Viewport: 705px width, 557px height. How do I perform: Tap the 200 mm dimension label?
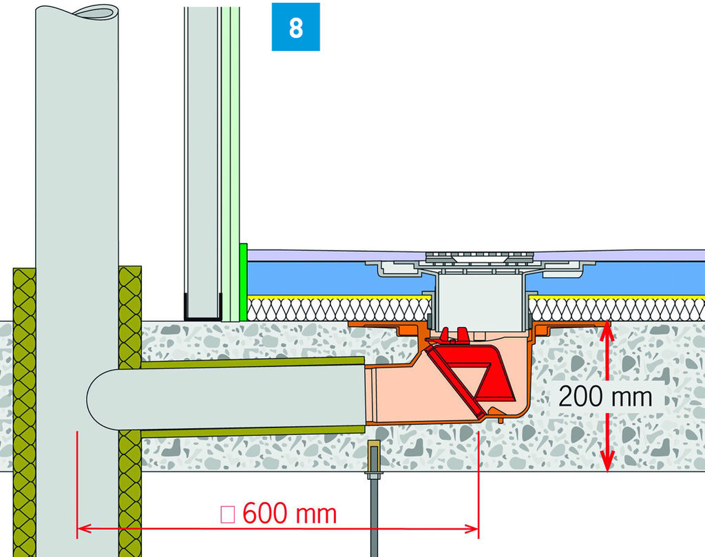tap(605, 397)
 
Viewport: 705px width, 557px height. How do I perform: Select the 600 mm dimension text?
tap(290, 514)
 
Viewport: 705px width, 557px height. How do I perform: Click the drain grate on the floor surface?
tap(479, 257)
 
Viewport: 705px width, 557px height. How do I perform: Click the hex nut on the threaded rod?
tap(374, 475)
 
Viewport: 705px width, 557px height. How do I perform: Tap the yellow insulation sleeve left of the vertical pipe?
tap(24, 413)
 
